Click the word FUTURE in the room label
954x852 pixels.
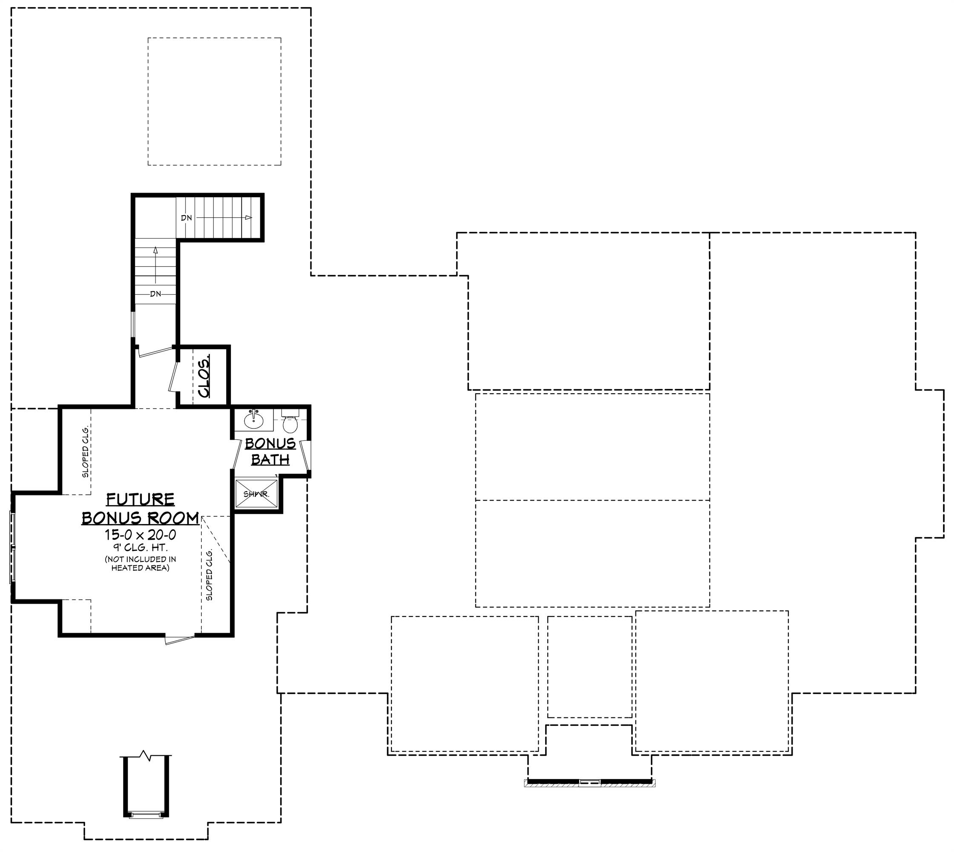point(141,500)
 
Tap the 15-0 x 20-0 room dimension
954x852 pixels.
point(141,535)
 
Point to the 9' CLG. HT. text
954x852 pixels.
point(141,547)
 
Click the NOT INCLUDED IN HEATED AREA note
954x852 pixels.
point(141,564)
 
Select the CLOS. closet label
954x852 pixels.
point(204,375)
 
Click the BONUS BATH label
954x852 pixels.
point(270,451)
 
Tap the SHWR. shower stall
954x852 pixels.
point(256,493)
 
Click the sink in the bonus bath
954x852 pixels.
point(254,420)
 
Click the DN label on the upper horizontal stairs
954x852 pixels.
point(186,218)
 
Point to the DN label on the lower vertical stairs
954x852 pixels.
point(155,294)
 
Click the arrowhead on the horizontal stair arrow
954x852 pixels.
point(249,218)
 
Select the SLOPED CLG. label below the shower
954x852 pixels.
point(209,574)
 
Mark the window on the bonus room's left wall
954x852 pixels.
point(13,547)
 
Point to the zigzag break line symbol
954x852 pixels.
point(145,754)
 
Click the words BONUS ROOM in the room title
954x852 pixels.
point(141,518)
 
